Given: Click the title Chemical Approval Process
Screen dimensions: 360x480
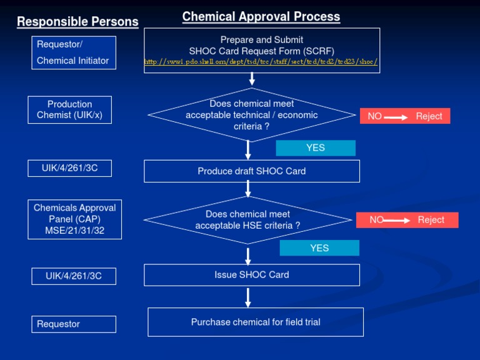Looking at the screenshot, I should click(261, 17).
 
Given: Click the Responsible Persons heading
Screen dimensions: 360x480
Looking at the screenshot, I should click(77, 22).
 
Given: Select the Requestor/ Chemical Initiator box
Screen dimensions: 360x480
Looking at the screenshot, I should click(74, 52).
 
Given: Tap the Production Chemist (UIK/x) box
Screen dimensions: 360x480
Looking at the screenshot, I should click(70, 109).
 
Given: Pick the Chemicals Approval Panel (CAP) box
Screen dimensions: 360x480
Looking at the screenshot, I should click(74, 219).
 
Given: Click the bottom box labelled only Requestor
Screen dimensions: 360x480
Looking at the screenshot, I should click(74, 324).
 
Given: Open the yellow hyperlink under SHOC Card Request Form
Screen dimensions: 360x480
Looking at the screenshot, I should click(261, 62).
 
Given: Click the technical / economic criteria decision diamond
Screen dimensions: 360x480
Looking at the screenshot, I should click(252, 115).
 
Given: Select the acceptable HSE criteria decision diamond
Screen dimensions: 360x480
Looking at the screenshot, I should click(247, 219).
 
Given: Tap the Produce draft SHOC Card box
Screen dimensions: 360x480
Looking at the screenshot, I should click(252, 171).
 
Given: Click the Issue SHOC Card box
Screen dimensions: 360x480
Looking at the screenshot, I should click(252, 275).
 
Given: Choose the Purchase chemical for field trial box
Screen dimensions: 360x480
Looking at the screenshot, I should click(256, 322).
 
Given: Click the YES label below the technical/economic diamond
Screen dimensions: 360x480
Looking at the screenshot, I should click(316, 148).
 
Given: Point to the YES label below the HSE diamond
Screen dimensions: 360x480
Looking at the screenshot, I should click(319, 248).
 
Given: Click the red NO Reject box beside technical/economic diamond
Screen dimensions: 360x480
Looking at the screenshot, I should click(405, 116).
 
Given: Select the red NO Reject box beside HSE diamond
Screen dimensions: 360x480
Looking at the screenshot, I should click(407, 220).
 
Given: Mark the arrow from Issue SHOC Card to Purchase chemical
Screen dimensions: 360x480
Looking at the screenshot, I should click(248, 297).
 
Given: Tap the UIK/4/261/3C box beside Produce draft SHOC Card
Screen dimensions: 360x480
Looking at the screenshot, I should click(70, 168).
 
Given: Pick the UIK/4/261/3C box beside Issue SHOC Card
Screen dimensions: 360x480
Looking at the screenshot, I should click(74, 276).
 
